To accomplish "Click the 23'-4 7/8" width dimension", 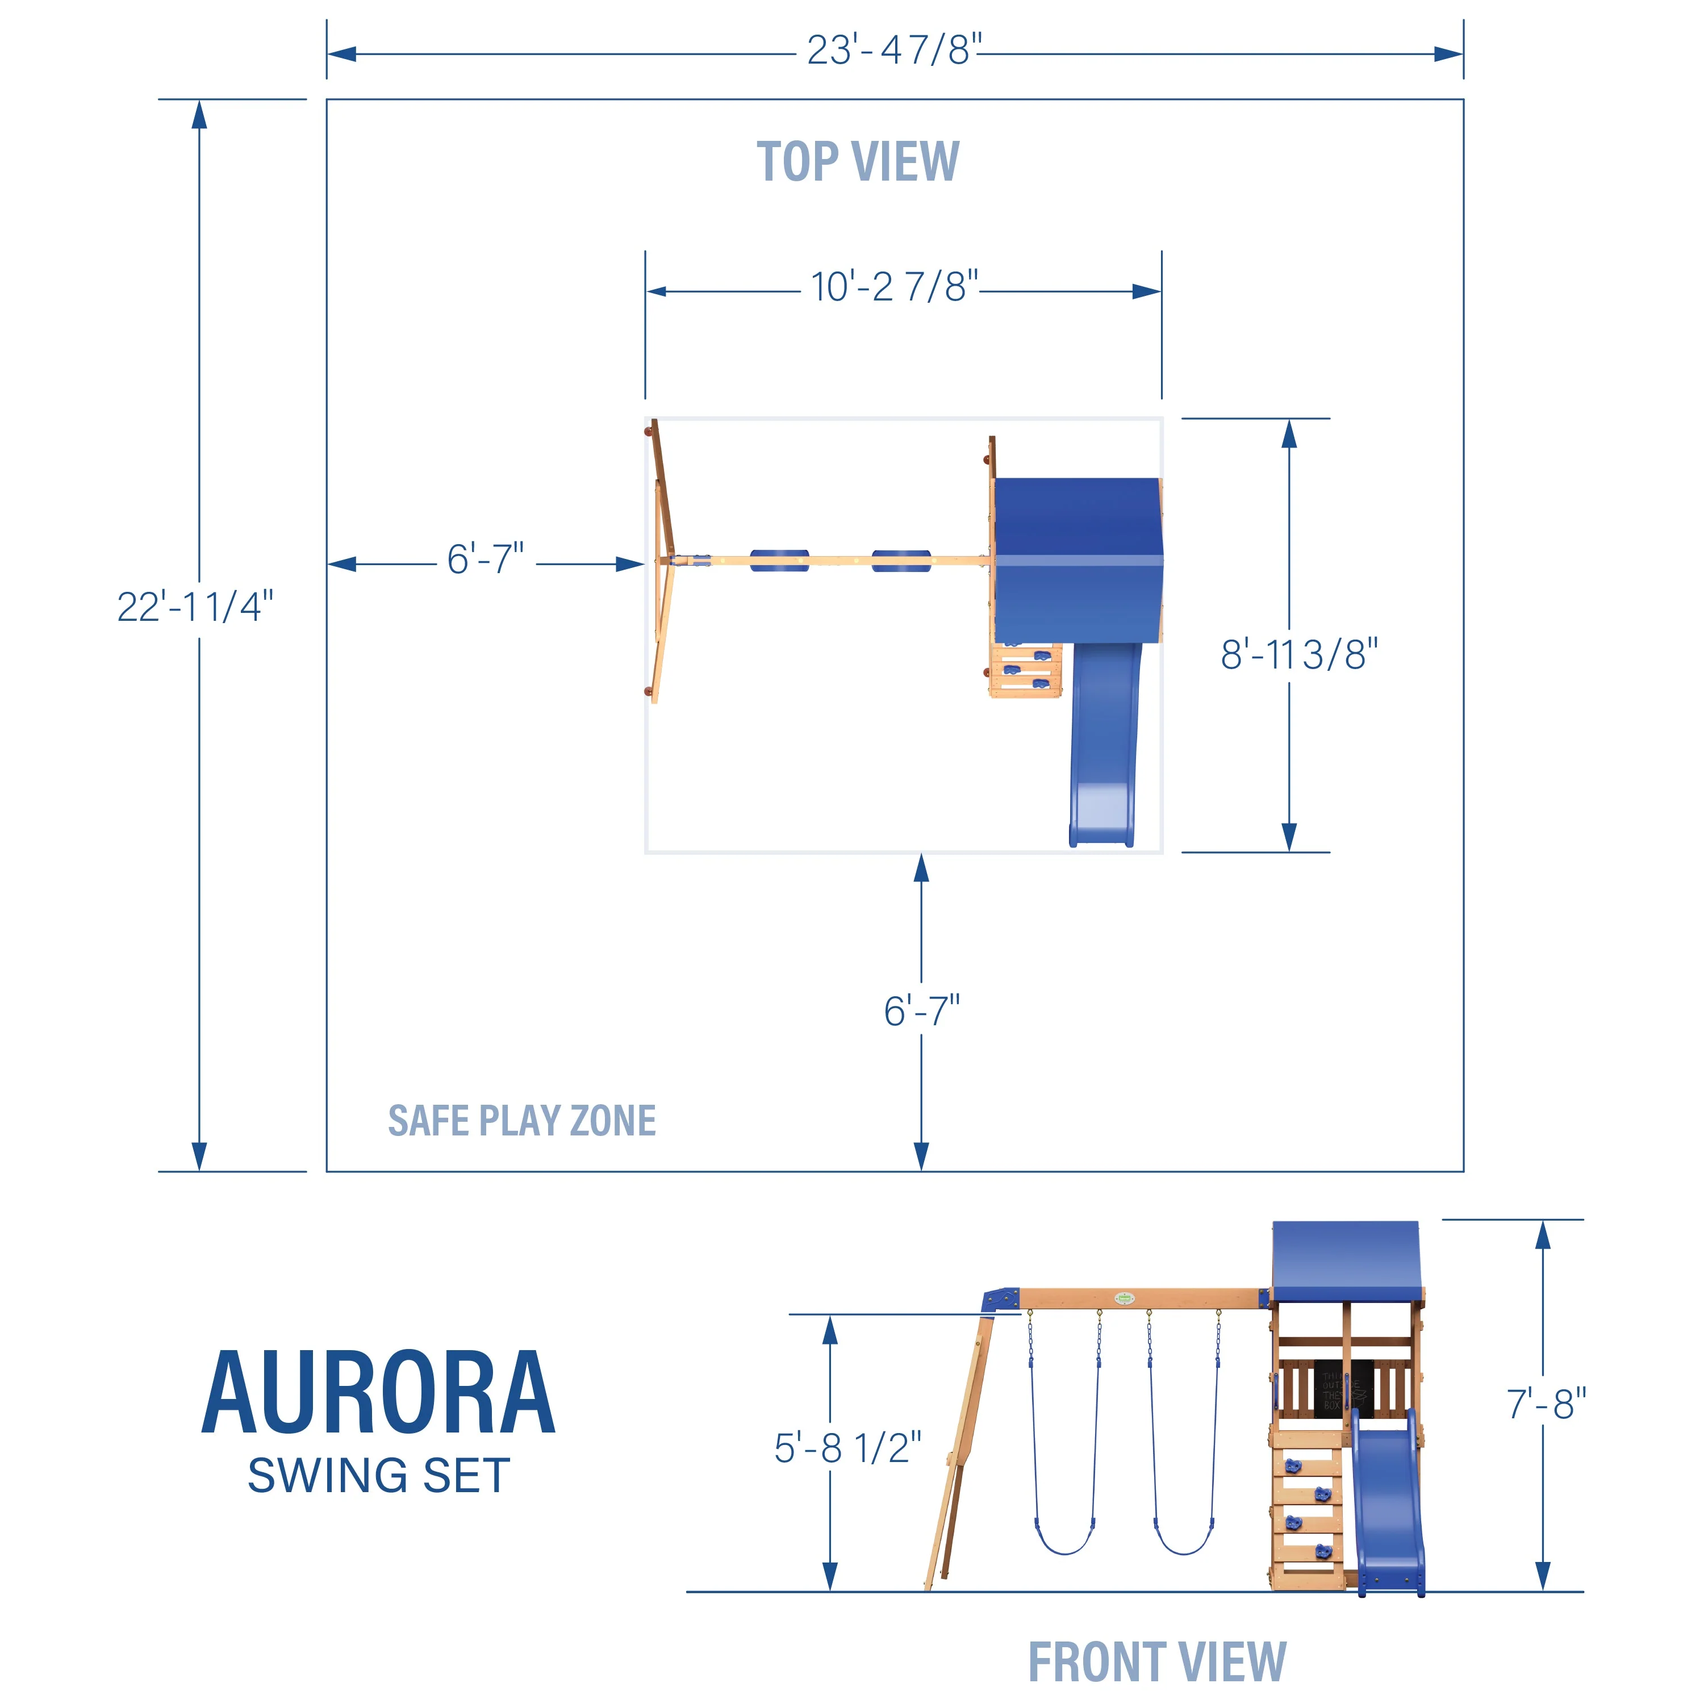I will (x=893, y=51).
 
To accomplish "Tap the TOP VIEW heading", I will (x=857, y=162).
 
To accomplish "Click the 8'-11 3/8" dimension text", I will (x=1298, y=654).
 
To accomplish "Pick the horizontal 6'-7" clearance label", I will (x=485, y=559).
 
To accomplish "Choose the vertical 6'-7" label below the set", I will (x=922, y=1011).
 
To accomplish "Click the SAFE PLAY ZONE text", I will (x=521, y=1121).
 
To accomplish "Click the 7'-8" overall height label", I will (x=1545, y=1404).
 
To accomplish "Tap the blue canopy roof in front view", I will (x=1346, y=1261).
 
